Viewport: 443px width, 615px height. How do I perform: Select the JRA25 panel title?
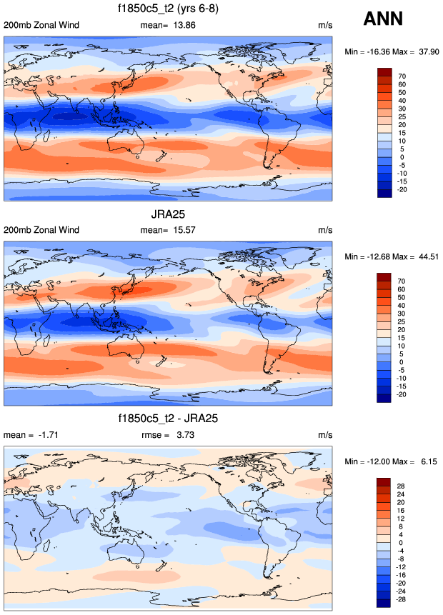(169, 215)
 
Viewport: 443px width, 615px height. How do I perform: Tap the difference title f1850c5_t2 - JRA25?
(169, 420)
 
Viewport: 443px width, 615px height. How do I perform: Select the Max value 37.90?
(426, 51)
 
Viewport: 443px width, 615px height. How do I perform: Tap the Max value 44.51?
(426, 256)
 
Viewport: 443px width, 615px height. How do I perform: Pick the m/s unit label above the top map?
(325, 25)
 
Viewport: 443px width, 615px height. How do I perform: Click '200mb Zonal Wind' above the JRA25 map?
(41, 230)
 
